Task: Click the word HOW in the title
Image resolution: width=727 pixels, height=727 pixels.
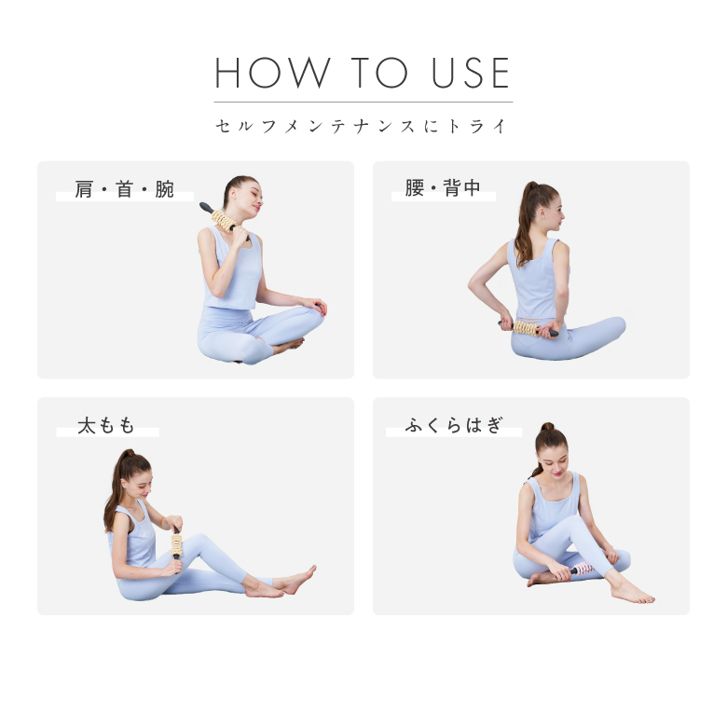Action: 272,73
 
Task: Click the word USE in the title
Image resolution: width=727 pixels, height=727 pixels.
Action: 471,73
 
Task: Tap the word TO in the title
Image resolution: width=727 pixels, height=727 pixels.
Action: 379,73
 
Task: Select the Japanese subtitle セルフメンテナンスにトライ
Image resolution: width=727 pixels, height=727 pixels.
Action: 362,126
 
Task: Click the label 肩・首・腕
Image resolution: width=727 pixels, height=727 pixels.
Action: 124,189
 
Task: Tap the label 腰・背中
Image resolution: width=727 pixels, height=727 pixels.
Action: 443,187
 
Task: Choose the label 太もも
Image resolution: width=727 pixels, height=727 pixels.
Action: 105,426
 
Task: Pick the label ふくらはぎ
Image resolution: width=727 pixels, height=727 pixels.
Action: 454,425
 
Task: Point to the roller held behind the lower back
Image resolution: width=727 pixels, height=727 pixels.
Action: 528,328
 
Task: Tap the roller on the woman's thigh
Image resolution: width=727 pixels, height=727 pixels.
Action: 177,547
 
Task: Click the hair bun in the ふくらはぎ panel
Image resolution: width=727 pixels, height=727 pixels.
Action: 547,427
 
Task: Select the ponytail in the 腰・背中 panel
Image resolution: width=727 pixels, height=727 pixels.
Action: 526,223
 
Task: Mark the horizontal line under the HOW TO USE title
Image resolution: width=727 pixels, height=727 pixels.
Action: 363,102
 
